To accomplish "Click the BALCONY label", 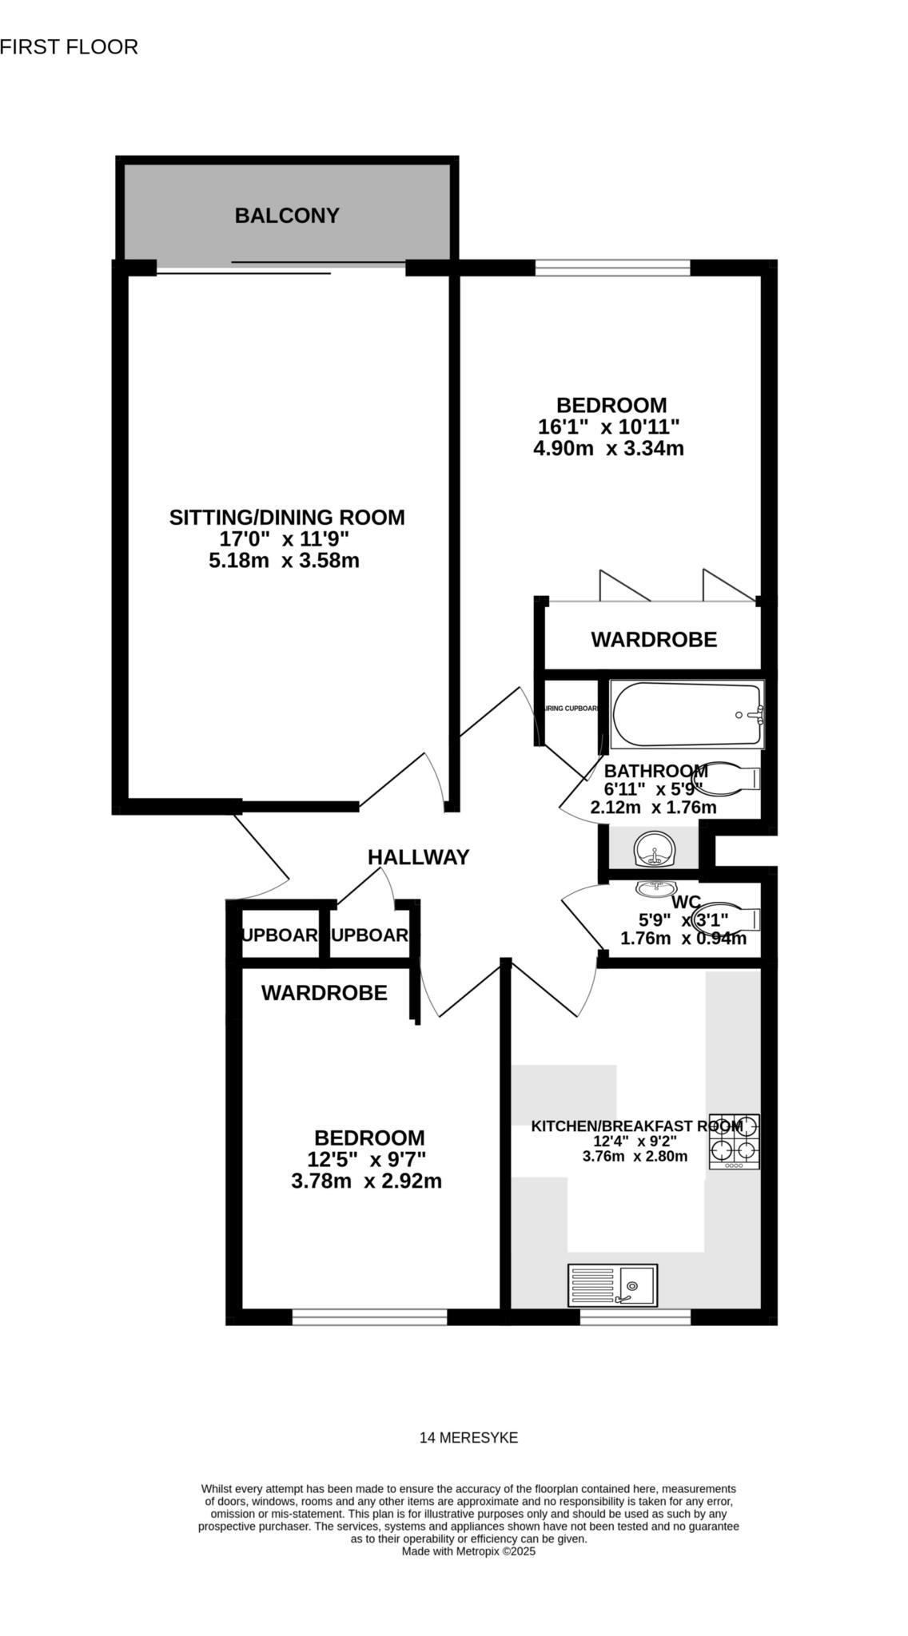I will point(286,216).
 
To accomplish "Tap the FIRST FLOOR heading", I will point(69,47).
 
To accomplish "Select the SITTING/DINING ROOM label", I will point(286,518).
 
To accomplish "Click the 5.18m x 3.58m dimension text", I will point(284,561).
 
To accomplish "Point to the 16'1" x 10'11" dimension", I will point(608,427).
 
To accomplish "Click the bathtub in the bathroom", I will point(687,714).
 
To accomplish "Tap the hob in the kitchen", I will point(734,1142).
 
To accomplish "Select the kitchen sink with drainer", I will point(612,1285).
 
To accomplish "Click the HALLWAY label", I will point(418,857).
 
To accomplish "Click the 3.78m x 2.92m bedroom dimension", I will point(366,1181).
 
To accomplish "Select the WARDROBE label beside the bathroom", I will point(653,640).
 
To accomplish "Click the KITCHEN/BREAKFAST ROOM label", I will point(636,1126).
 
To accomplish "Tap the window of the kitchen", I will point(635,1316).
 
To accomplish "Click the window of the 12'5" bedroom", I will point(369,1316).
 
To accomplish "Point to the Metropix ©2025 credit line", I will point(468,1551).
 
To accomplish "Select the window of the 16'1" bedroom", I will point(612,268).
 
